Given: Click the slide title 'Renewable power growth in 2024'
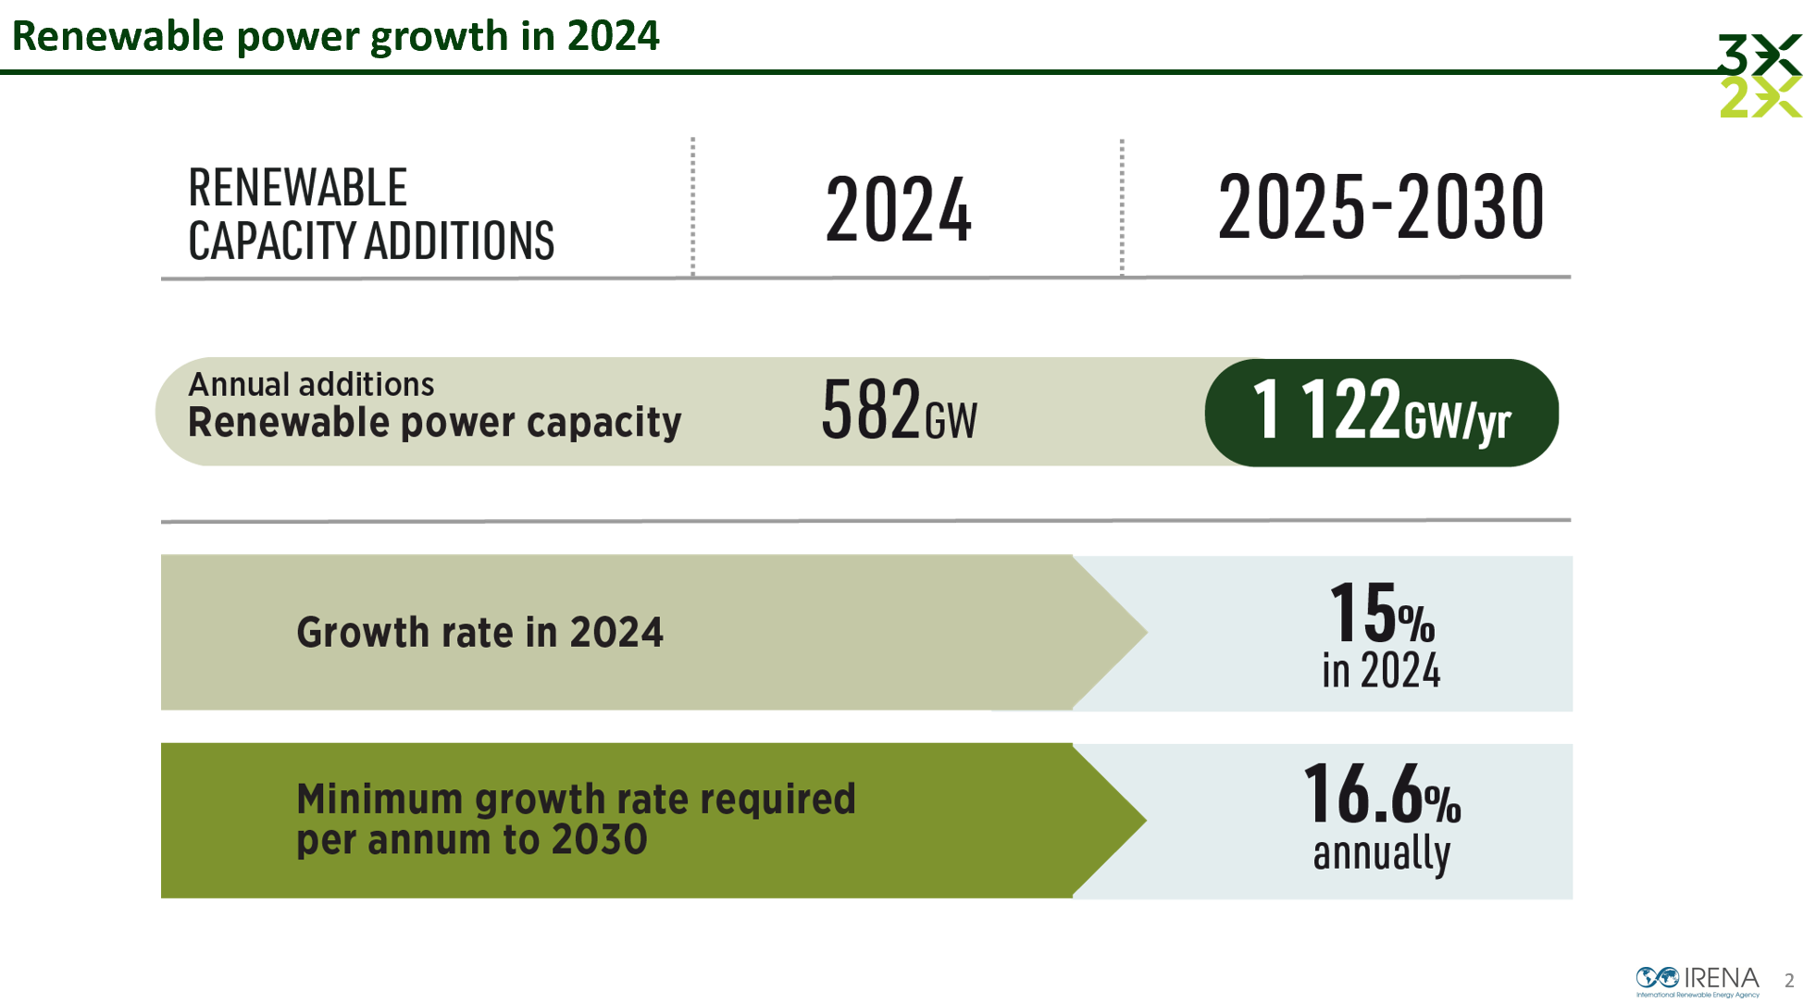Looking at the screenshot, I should coord(335,37).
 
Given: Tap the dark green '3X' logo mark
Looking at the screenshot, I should coord(1759,54).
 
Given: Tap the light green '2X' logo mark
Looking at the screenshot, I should coord(1759,97).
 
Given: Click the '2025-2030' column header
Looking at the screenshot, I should coord(1380,207).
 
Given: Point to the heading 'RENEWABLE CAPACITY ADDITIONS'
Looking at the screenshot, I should coord(370,214).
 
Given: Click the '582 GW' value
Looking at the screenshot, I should coord(898,410).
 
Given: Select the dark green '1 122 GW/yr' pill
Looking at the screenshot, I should coord(1381,413).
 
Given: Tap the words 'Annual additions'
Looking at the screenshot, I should coord(311,384).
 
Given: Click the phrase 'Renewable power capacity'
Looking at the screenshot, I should coord(434,423).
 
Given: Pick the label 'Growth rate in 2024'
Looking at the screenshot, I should coord(479,633).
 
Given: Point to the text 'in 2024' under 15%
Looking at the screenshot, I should coord(1381,671).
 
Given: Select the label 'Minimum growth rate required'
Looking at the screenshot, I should coord(576,799).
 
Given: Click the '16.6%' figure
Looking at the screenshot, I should coord(1381,794).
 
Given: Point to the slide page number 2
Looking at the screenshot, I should coord(1789,981).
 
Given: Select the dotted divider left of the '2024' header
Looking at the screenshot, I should coord(692,206).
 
